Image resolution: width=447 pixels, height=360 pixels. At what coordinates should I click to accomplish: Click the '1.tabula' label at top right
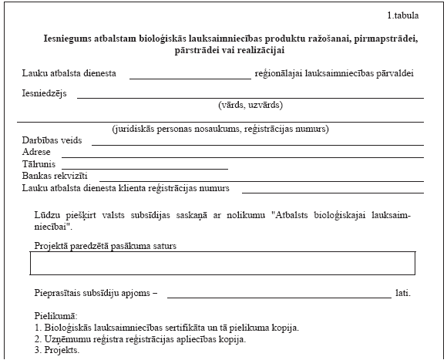coord(405,16)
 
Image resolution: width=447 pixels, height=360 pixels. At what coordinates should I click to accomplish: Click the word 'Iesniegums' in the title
coord(69,38)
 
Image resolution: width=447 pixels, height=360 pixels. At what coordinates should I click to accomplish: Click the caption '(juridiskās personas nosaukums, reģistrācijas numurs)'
coord(220,129)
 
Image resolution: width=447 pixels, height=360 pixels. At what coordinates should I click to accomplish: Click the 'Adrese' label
coord(36,153)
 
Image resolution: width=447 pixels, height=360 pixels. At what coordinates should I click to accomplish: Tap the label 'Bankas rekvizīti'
coord(55,176)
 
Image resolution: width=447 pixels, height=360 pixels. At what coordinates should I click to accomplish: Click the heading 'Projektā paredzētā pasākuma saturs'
coord(110,245)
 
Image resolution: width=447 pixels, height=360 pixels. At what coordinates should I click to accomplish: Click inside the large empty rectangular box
coord(222,264)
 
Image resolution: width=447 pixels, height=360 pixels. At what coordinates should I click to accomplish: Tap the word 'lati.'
coord(402,293)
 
